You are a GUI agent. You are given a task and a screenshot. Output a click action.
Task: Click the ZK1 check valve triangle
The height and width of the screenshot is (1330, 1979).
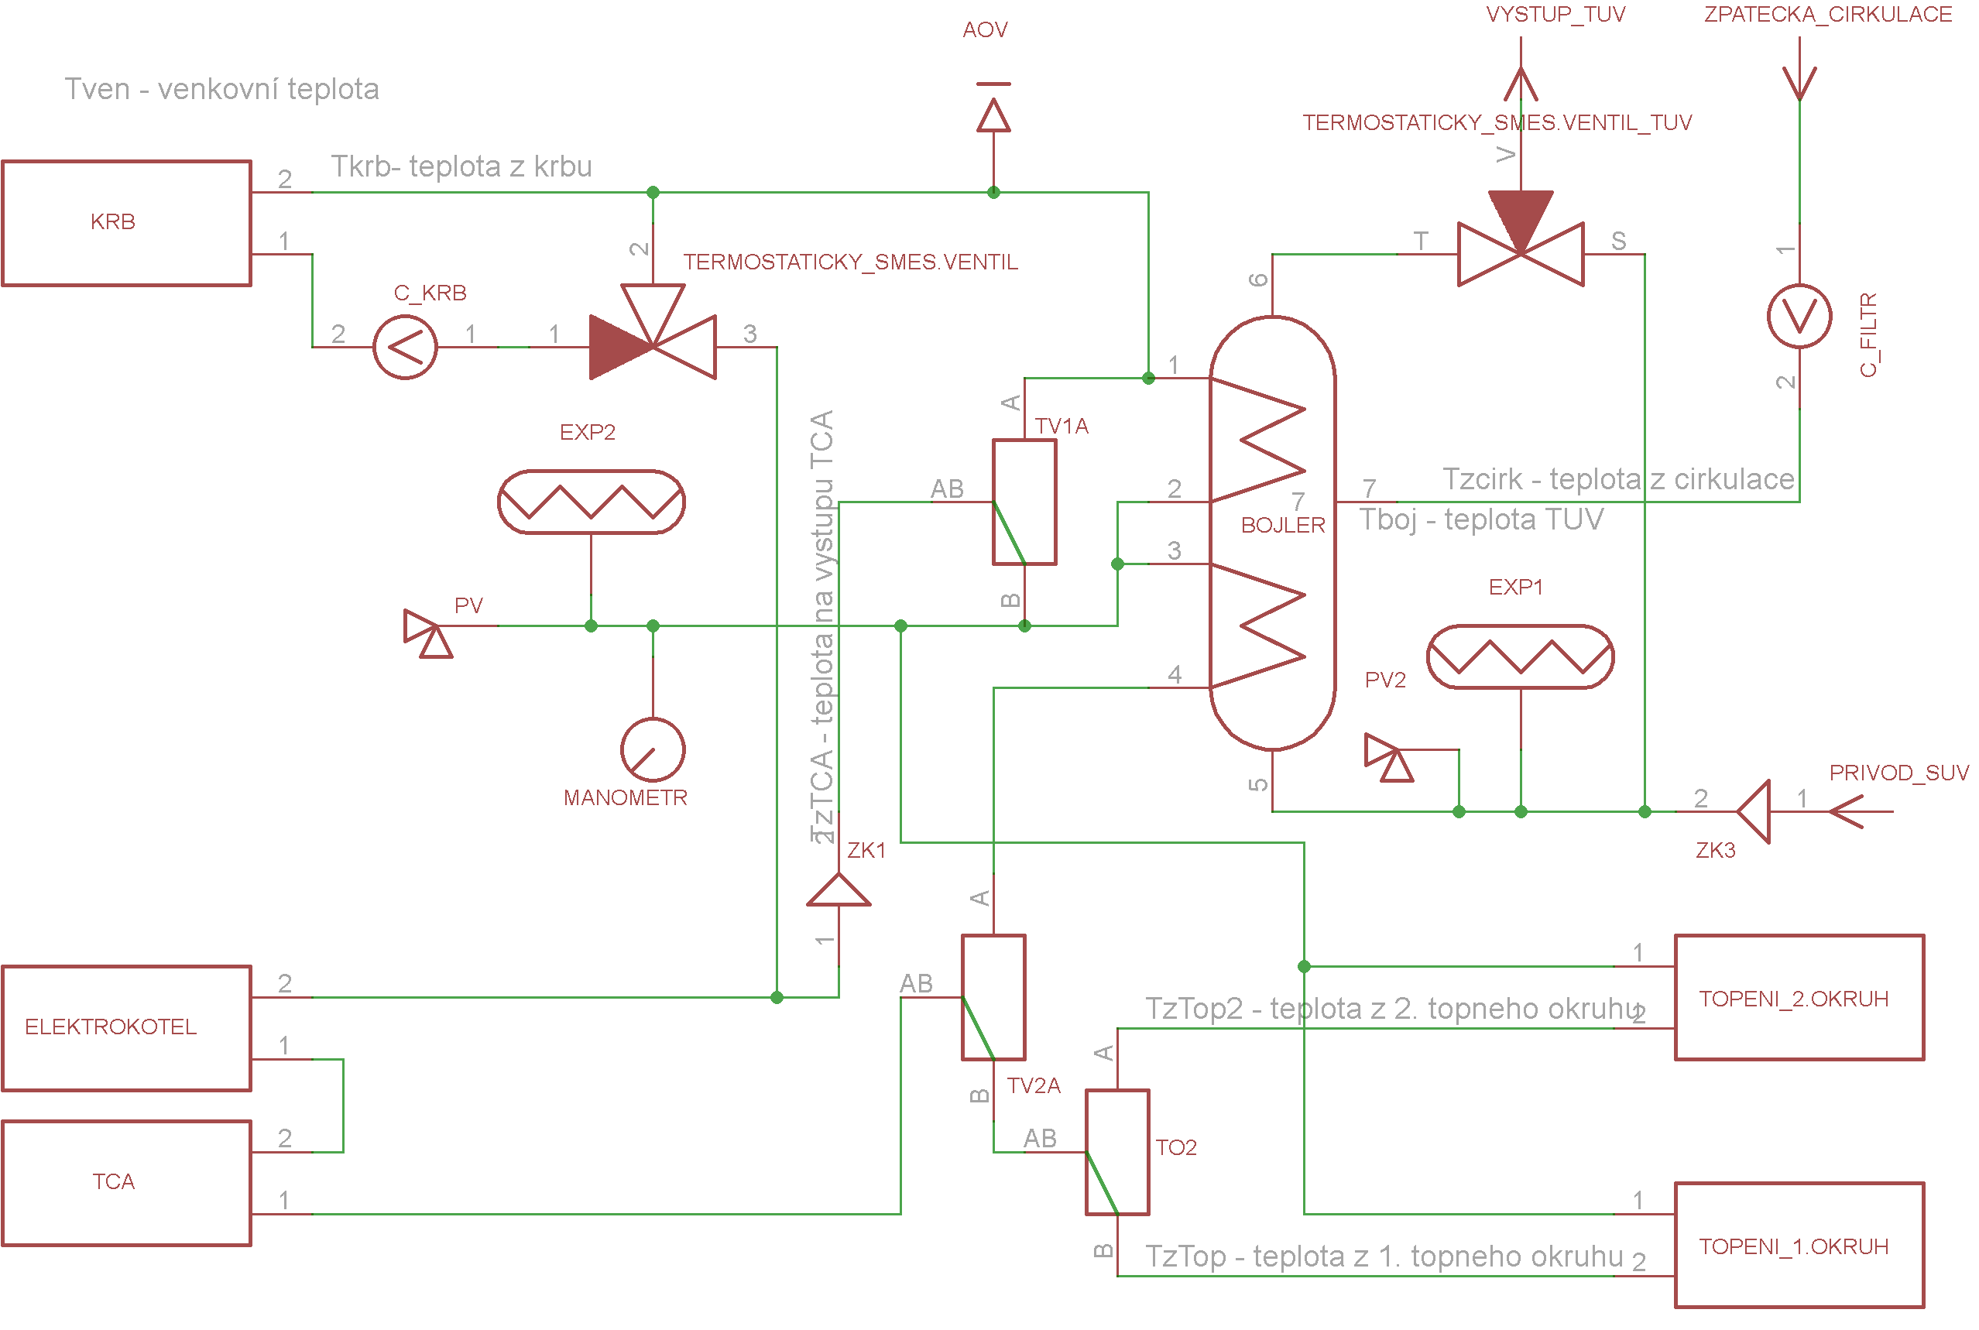tap(839, 889)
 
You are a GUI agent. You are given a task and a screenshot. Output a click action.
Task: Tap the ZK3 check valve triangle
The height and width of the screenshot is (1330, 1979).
tap(1754, 812)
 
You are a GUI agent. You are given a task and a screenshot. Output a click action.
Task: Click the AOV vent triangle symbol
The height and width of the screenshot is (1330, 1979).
tap(993, 115)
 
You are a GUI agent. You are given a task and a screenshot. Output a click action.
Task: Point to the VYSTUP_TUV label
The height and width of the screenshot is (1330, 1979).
tap(1555, 15)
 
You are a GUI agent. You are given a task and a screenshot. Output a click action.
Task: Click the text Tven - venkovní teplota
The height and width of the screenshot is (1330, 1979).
tap(222, 89)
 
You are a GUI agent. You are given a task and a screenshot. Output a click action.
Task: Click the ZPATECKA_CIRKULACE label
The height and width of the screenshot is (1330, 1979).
tap(1828, 15)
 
